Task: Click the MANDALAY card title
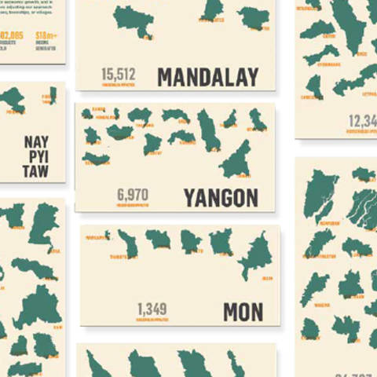pyautogui.click(x=207, y=77)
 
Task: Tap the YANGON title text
pyautogui.click(x=221, y=197)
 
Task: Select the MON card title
pyautogui.click(x=243, y=312)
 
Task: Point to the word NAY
pyautogui.click(x=36, y=142)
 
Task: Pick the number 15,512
pyautogui.click(x=119, y=75)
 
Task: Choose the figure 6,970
pyautogui.click(x=132, y=194)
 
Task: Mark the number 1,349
pyautogui.click(x=152, y=309)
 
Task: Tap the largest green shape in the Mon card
pyautogui.click(x=254, y=253)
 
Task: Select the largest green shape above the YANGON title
pyautogui.click(x=236, y=159)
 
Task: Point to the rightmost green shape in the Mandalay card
pyautogui.click(x=254, y=16)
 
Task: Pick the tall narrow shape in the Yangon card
pyautogui.click(x=208, y=130)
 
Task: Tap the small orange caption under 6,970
pyautogui.click(x=132, y=205)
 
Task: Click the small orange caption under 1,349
pyautogui.click(x=152, y=320)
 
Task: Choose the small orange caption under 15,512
pyautogui.click(x=119, y=85)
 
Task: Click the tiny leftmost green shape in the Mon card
pyautogui.click(x=107, y=236)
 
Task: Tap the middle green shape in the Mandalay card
pyautogui.click(x=211, y=9)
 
